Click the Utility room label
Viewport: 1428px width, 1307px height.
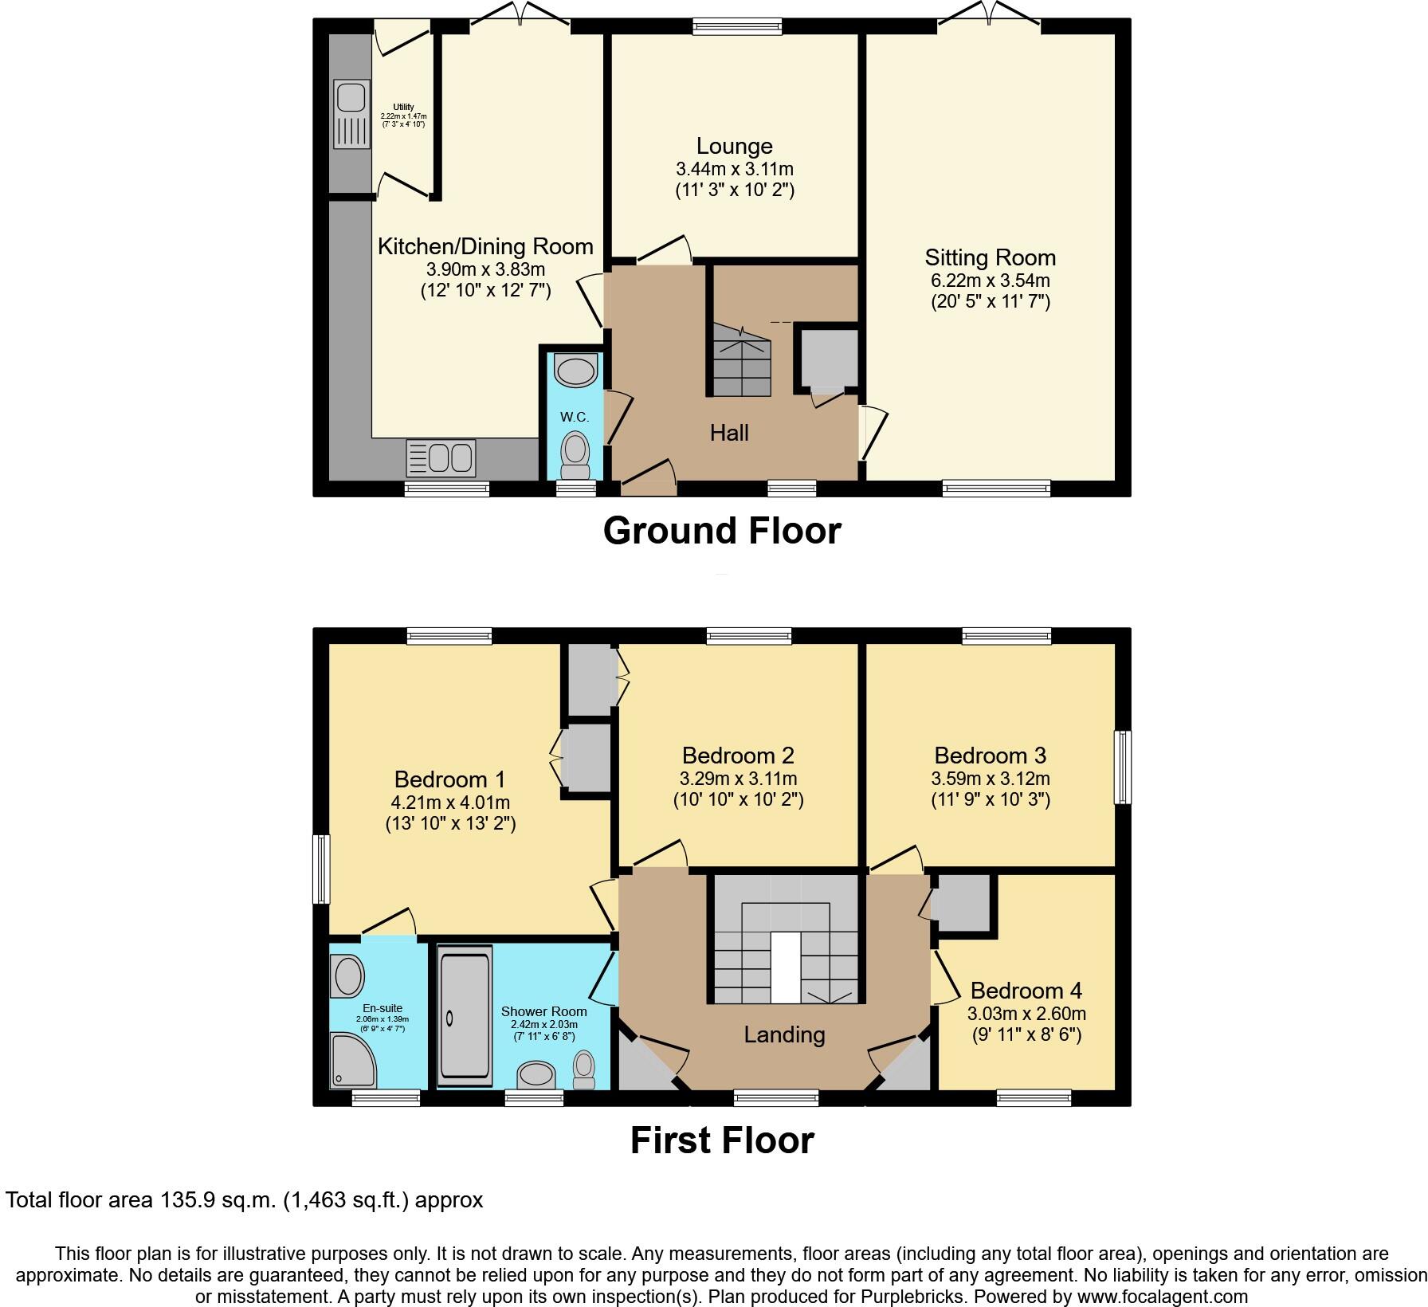point(403,108)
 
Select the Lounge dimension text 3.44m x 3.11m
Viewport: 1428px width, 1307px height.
point(734,169)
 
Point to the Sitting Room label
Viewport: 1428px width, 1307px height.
point(990,257)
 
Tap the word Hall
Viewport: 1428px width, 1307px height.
point(729,433)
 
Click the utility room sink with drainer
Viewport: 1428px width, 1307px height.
point(351,114)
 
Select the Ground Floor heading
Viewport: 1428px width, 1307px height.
point(722,531)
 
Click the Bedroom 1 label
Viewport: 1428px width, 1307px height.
point(449,779)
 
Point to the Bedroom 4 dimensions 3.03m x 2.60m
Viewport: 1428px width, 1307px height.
point(1026,1014)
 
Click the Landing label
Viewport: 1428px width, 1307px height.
point(784,1034)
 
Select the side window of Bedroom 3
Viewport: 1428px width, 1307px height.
point(1123,767)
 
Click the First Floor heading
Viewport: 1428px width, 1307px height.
point(722,1140)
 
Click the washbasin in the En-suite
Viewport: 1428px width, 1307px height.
point(347,975)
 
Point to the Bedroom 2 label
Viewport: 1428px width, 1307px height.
point(738,756)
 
